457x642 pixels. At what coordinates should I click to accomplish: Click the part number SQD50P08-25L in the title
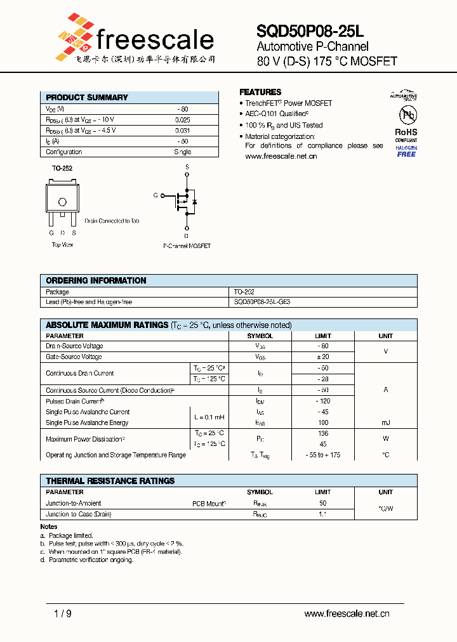tap(310, 31)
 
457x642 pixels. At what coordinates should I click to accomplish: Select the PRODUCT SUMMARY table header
tap(87, 97)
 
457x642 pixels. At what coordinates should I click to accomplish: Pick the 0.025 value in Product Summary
tap(182, 120)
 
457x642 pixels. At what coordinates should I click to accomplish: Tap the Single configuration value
tap(182, 152)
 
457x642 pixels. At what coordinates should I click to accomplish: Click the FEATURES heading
tap(260, 92)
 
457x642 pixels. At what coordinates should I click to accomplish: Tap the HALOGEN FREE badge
tap(406, 151)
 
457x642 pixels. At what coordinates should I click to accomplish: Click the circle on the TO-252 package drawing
tap(62, 202)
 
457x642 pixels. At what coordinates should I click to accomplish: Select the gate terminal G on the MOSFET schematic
tap(156, 195)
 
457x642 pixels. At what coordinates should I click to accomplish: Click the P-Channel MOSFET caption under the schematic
tap(187, 246)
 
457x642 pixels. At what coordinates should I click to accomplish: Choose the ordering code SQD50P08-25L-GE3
tap(262, 303)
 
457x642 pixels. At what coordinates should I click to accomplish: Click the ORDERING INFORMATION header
tap(96, 280)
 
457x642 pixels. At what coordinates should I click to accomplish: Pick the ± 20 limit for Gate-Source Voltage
tap(322, 357)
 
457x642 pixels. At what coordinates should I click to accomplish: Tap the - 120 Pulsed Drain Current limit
tap(322, 402)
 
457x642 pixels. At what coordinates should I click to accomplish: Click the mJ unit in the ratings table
tap(385, 423)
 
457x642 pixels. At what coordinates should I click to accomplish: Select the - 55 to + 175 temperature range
tap(322, 455)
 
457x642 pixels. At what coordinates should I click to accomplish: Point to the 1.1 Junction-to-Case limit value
tap(322, 514)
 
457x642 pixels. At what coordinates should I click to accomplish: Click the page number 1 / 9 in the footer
tap(62, 613)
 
